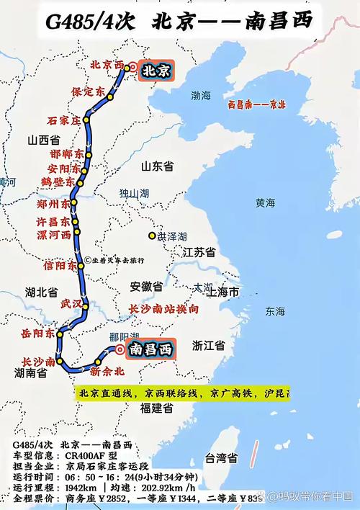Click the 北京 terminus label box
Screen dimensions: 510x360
click(156, 71)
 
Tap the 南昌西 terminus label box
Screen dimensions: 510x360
click(151, 350)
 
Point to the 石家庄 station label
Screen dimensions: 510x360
click(63, 120)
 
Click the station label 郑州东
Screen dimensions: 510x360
click(54, 205)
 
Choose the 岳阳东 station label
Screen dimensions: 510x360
click(38, 334)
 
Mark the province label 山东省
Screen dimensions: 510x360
click(158, 166)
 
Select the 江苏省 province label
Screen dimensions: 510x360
click(199, 253)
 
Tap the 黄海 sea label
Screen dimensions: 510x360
click(265, 203)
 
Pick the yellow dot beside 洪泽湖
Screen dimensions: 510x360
click(152, 236)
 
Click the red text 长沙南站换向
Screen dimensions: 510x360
click(163, 309)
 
